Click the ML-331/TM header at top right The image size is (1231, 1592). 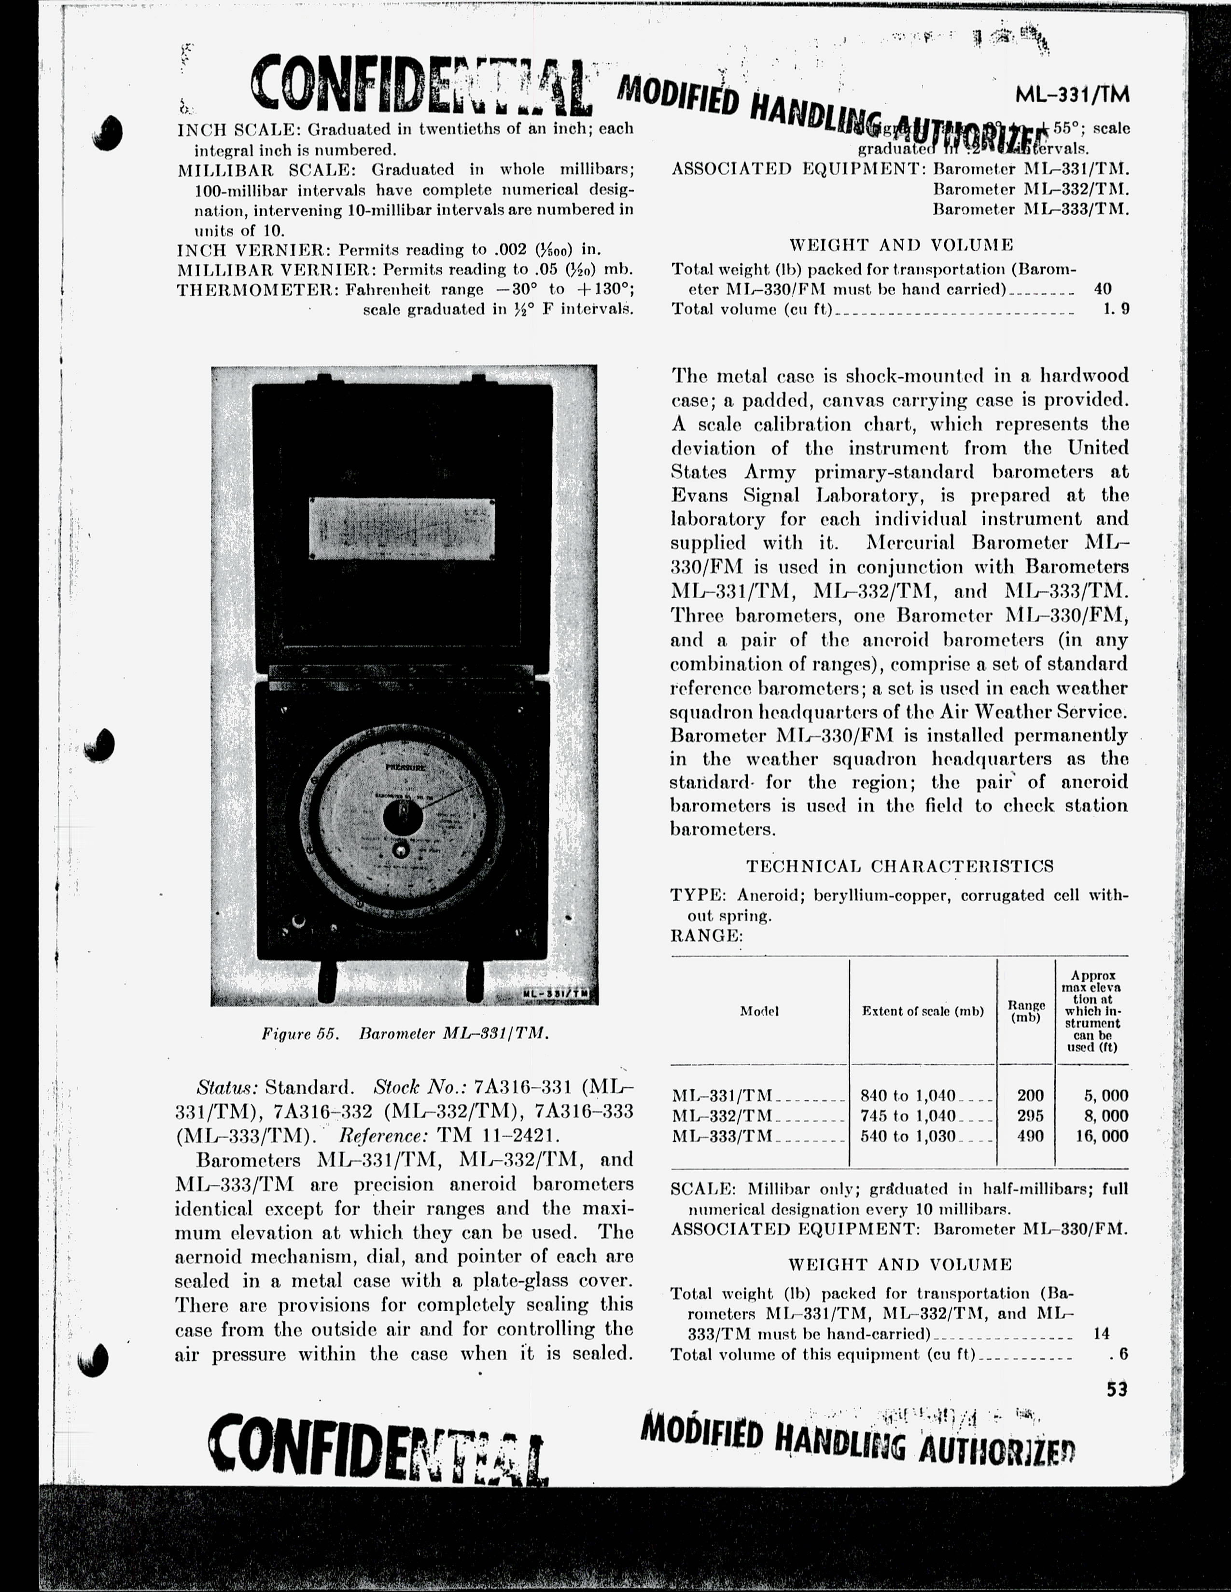(x=1072, y=95)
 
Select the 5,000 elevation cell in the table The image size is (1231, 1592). (x=1101, y=1095)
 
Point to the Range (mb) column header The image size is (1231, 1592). (x=1026, y=1011)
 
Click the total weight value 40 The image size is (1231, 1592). (x=1103, y=288)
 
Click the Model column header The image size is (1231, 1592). (x=759, y=1011)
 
